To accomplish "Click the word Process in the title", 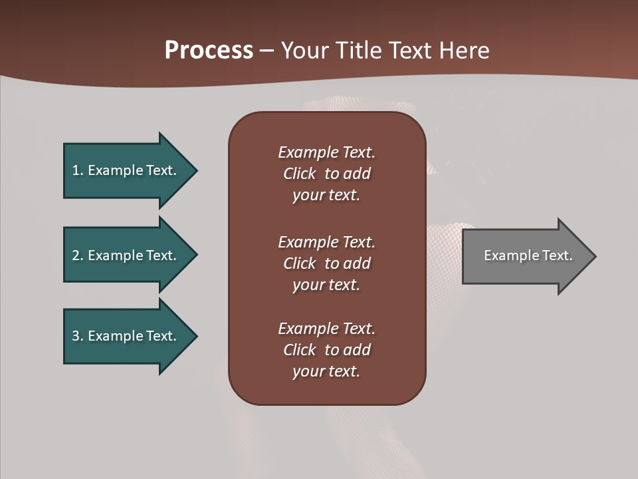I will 209,51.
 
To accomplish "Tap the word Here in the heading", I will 464,51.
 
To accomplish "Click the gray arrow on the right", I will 525,255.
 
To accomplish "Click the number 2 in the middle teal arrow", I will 76,255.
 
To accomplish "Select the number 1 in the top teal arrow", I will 76,170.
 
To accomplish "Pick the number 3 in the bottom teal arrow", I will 76,336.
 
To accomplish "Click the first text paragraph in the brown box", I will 326,174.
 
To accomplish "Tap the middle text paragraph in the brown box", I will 326,263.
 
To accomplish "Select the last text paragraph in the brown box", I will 326,350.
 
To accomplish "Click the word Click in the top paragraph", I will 300,174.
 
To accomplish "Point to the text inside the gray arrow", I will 528,255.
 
